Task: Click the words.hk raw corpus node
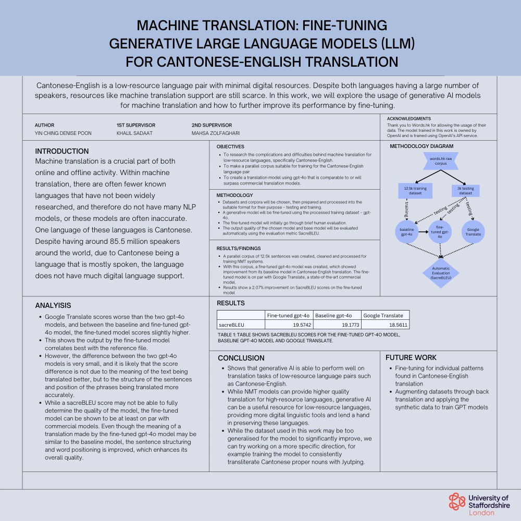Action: (441, 161)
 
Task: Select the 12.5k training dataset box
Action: (415, 191)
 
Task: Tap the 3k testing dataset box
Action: (465, 191)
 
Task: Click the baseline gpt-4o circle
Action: (407, 232)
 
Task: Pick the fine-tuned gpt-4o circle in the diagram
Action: (440, 232)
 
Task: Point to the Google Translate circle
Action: (473, 232)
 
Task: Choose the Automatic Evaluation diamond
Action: (441, 273)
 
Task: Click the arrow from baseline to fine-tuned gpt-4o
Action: (423, 232)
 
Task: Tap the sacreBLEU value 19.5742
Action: (302, 325)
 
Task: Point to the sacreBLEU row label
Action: (231, 325)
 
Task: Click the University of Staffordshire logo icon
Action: (457, 501)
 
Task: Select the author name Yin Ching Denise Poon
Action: (63, 133)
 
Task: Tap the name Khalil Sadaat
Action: (134, 133)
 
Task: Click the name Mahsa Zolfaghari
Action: (216, 133)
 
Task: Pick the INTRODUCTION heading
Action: (62, 151)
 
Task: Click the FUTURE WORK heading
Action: (411, 357)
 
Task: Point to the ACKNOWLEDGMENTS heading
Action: (408, 119)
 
